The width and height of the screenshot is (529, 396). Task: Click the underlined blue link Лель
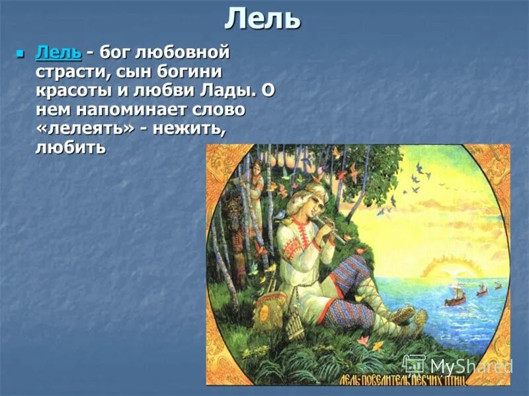click(58, 51)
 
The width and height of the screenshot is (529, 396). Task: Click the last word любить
click(70, 147)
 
